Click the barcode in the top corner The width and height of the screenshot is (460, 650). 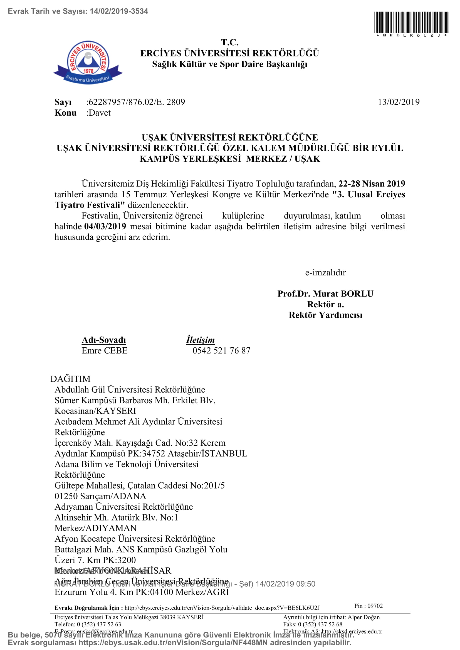point(411,23)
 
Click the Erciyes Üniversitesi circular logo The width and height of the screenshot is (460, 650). point(88,61)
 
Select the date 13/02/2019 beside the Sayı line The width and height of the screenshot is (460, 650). point(399,102)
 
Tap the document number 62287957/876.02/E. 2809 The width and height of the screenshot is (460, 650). point(137,102)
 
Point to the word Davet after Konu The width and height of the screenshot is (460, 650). point(99,113)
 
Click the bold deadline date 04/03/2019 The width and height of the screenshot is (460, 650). point(105,226)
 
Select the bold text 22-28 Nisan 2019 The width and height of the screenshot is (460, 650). point(372,184)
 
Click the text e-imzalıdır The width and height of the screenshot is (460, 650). point(325,272)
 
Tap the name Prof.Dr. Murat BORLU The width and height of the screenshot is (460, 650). point(325,293)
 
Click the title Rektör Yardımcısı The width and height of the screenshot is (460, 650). point(325,315)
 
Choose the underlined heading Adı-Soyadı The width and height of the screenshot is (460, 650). point(104,340)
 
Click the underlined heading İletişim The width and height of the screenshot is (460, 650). point(200,340)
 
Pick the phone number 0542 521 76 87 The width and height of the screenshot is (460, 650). point(221,350)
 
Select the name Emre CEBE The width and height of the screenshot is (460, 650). point(105,350)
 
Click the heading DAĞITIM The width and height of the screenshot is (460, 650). point(70,379)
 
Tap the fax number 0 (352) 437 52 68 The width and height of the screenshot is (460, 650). point(320,624)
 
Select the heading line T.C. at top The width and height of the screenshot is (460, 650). point(230,43)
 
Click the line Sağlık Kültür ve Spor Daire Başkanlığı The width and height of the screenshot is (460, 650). point(230,64)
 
